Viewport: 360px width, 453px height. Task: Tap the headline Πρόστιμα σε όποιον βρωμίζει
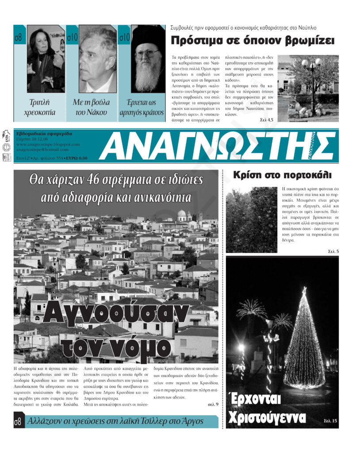[x=252, y=41]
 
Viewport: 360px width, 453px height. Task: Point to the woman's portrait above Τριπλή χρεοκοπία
[x=46, y=58]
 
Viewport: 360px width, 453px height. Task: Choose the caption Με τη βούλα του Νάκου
[x=91, y=107]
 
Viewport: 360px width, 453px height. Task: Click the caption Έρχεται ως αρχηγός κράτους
[x=142, y=107]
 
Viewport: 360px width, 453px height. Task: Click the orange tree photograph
[x=251, y=219]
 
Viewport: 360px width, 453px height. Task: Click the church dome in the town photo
[x=181, y=215]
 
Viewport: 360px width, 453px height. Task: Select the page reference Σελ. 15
[x=330, y=421]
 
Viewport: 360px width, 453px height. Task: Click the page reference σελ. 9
[x=213, y=404]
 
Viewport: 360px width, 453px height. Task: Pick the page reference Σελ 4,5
[x=266, y=119]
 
